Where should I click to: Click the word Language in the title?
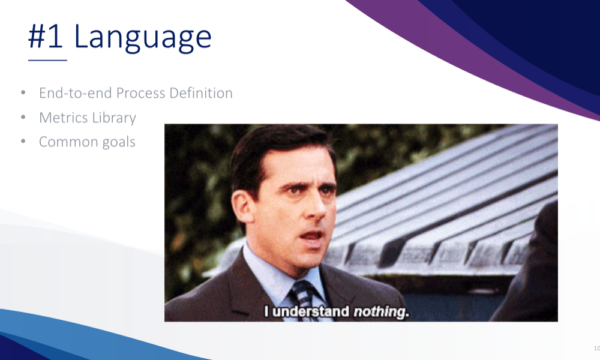point(142,37)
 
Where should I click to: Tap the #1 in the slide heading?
point(46,37)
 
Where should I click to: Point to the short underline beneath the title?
point(47,60)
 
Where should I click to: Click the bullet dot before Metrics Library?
point(23,117)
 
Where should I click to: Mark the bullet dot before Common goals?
point(23,142)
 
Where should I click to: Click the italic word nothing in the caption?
point(381,312)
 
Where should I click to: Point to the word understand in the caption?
point(311,311)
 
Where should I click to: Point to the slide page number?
point(597,348)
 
